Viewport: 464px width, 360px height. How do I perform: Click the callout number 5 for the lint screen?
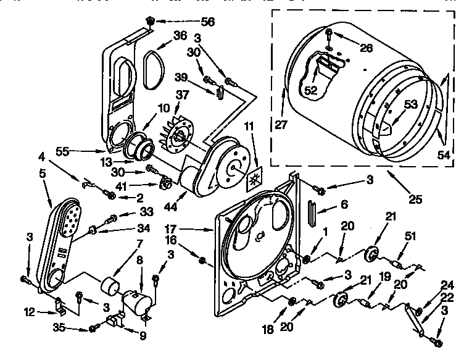pyautogui.click(x=43, y=174)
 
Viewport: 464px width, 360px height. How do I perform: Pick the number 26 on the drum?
pyautogui.click(x=366, y=48)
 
